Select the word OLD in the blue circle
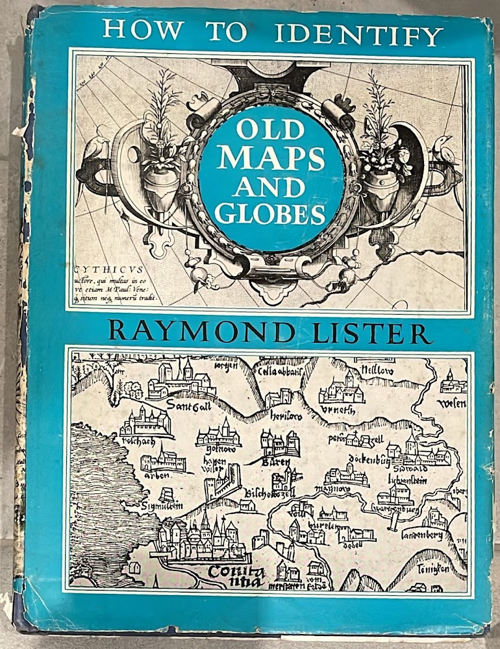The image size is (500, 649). tap(270, 130)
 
